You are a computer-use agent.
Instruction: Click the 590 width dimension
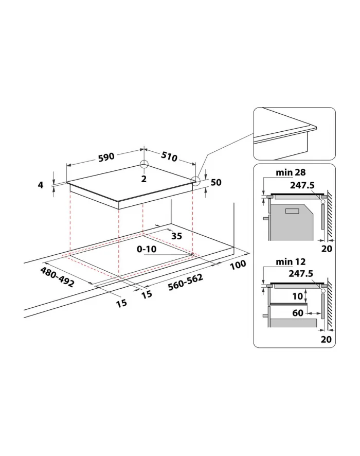click(x=106, y=157)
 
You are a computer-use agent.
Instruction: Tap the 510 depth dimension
click(x=169, y=156)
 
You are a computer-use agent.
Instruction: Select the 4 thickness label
click(x=41, y=185)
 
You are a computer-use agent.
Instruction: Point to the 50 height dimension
click(x=216, y=182)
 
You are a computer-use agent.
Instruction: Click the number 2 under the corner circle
click(x=144, y=179)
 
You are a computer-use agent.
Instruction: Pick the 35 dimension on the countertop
click(x=176, y=236)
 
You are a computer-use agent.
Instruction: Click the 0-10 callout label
click(x=147, y=249)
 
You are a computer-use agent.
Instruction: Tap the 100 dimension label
click(x=238, y=265)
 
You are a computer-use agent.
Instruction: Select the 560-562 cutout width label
click(x=185, y=282)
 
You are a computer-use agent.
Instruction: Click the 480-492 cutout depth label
click(x=57, y=277)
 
